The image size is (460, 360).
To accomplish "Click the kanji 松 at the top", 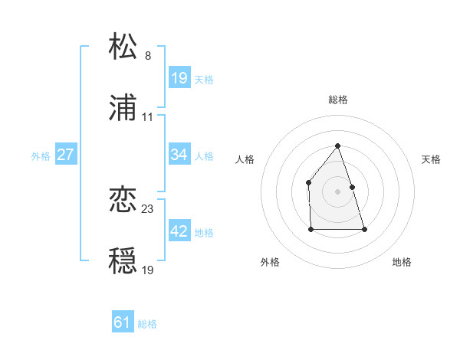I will pos(123,47).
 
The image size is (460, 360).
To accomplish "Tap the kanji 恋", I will pos(123,200).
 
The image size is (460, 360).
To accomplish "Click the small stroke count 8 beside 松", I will pos(148,56).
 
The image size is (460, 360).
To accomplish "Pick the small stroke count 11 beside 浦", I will pos(148,118).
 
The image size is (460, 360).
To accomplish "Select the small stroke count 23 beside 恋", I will pos(148,209).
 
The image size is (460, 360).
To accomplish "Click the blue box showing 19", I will pos(179,78).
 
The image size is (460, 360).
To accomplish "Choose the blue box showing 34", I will pos(179,155).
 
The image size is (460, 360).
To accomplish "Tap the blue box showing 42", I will pos(179,231).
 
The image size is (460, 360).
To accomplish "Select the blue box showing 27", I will pos(65,155).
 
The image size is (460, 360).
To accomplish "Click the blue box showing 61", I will pos(123,322).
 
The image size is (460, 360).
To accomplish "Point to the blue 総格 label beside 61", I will pos(147,324).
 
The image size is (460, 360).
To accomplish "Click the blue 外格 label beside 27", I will pos(41,156).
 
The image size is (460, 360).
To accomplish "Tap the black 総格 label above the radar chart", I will pos(338,100).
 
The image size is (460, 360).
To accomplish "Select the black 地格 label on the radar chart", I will pos(402,263).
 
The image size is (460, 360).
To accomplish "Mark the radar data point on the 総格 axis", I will pos(338,146).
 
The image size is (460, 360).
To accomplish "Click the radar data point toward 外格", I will pos(311,229).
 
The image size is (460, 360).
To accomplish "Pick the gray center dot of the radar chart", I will pos(338,191).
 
